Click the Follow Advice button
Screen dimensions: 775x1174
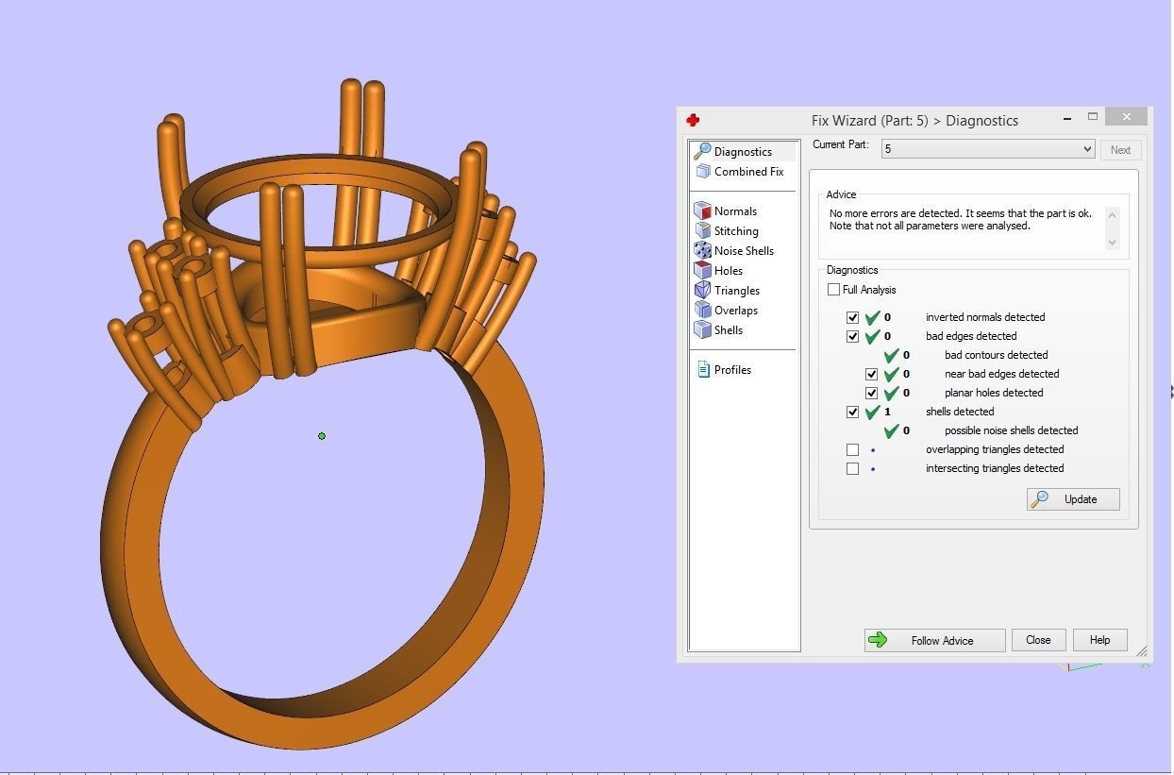point(933,640)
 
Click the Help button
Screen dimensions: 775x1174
point(1099,640)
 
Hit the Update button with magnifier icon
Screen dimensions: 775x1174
point(1073,499)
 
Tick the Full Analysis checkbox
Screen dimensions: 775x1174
point(833,290)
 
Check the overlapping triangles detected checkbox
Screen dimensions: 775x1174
point(853,450)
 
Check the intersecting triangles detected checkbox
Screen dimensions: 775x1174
point(853,469)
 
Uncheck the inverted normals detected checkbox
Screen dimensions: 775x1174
point(853,318)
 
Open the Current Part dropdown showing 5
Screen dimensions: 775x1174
point(987,149)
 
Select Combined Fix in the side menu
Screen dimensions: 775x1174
point(747,172)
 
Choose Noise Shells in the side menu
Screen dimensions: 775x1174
point(743,251)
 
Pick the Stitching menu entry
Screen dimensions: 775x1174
point(735,231)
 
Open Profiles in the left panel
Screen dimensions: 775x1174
point(731,370)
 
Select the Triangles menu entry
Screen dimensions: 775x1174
point(736,291)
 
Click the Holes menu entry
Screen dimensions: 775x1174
point(728,271)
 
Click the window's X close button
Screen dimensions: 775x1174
point(1127,117)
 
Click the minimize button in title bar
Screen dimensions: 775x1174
point(1066,119)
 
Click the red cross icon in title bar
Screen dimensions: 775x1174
point(693,120)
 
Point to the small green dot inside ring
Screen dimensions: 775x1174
point(322,436)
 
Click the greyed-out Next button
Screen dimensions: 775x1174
point(1120,150)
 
